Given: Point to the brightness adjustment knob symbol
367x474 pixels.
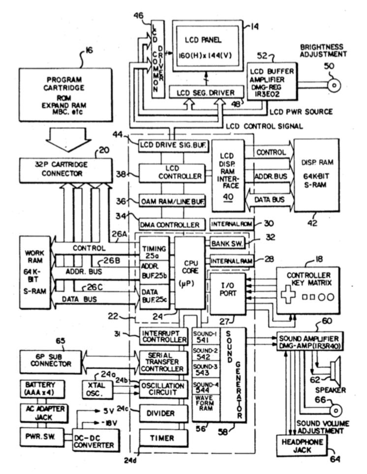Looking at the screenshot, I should (x=334, y=86).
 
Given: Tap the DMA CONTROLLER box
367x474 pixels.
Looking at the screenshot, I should (x=170, y=225).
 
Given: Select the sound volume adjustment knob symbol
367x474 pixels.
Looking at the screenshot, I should (x=335, y=409).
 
